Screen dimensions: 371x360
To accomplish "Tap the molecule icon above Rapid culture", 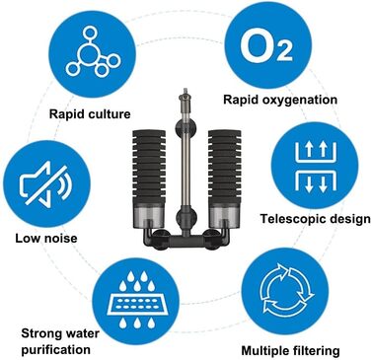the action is pyautogui.click(x=93, y=51).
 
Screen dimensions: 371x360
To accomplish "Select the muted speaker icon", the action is pyautogui.click(x=46, y=183).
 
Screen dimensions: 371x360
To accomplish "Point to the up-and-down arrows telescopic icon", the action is pyautogui.click(x=316, y=167).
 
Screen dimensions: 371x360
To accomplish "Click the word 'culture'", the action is pyautogui.click(x=110, y=114).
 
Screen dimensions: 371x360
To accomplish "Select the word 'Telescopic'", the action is pyautogui.click(x=289, y=219).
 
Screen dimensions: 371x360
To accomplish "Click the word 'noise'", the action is pyautogui.click(x=61, y=238).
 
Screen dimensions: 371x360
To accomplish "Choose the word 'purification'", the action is pyautogui.click(x=55, y=349).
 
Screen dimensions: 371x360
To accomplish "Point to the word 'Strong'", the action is pyautogui.click(x=39, y=333).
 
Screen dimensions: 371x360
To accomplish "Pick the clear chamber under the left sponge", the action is pyautogui.click(x=149, y=216).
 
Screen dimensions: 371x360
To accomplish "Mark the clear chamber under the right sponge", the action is pyautogui.click(x=225, y=216).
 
